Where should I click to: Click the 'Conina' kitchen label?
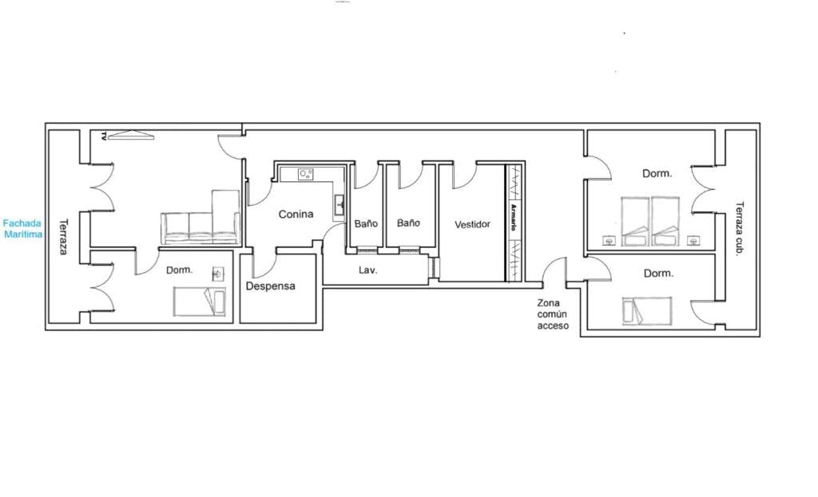click(296, 214)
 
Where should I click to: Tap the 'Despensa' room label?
click(270, 286)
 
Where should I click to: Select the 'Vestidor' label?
click(472, 224)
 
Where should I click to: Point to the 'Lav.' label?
click(367, 270)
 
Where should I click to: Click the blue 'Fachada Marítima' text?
click(22, 229)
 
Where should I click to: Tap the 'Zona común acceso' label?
click(553, 314)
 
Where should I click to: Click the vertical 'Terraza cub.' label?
click(739, 229)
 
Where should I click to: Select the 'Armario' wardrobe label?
click(514, 217)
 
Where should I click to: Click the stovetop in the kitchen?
click(306, 174)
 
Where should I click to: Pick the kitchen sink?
click(340, 204)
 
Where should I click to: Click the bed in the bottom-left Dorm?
click(200, 302)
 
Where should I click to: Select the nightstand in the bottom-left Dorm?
click(219, 274)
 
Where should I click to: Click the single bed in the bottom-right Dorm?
click(647, 311)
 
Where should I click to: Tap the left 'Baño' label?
click(366, 223)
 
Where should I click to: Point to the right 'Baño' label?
click(408, 223)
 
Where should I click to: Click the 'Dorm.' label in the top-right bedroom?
click(657, 173)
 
